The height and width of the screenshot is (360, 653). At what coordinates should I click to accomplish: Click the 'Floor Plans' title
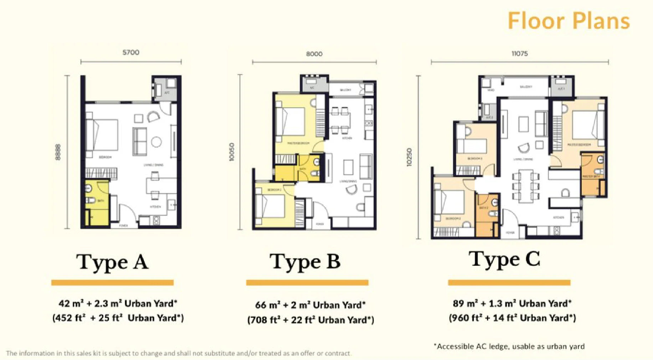click(x=569, y=21)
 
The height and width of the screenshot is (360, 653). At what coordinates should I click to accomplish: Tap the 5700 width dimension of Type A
click(x=131, y=53)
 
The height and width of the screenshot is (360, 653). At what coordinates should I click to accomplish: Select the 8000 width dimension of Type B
click(x=314, y=54)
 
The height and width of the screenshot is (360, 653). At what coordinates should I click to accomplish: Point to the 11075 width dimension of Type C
click(x=519, y=54)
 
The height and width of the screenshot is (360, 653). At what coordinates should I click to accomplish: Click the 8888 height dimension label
click(x=58, y=152)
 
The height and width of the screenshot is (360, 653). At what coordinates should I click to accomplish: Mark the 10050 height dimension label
click(x=232, y=152)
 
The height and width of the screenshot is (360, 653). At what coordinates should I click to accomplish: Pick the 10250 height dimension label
click(x=409, y=157)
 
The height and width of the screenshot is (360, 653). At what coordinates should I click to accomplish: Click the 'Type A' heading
click(x=112, y=262)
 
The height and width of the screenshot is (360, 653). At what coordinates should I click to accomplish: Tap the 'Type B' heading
click(x=305, y=262)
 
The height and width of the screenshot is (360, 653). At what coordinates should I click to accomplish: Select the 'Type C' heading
click(x=504, y=259)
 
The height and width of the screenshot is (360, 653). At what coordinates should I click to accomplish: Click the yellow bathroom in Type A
click(x=96, y=203)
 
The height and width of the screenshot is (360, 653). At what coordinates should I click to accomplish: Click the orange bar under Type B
click(x=307, y=283)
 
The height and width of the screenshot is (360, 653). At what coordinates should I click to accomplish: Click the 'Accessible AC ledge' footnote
click(x=509, y=346)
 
